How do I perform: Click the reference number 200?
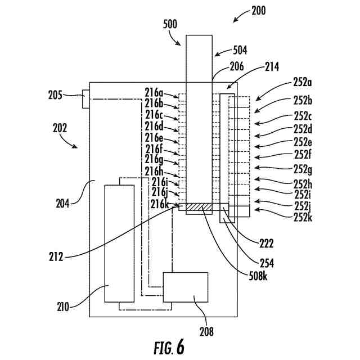[259, 11]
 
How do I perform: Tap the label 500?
[170, 24]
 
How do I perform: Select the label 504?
[240, 50]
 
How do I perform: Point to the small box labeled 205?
[86, 99]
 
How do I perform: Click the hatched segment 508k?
[199, 207]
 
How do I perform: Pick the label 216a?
[154, 93]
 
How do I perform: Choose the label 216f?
[154, 150]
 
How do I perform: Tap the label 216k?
[160, 204]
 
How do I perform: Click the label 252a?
[303, 82]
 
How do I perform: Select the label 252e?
[303, 142]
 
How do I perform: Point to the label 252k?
[303, 217]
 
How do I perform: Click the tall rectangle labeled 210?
[119, 244]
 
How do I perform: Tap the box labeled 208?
[186, 287]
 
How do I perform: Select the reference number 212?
[56, 256]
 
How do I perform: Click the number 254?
[267, 263]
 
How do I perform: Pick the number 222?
[266, 244]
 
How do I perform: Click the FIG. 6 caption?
[169, 347]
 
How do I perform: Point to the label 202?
[60, 128]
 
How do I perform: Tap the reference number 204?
[62, 204]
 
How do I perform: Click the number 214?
[272, 67]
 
